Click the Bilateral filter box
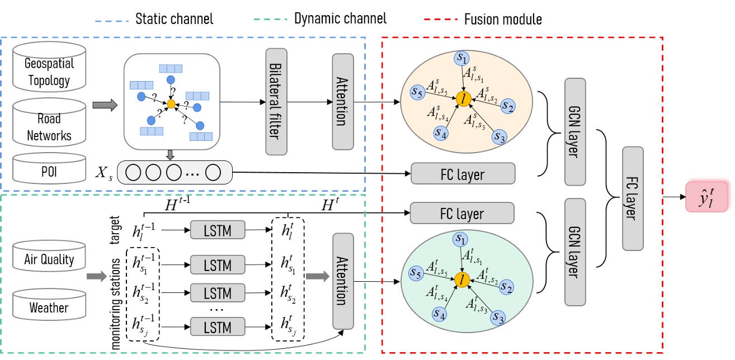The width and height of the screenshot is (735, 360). (x=276, y=101)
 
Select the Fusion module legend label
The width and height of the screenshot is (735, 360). (x=502, y=19)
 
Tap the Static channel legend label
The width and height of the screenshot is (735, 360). (x=174, y=19)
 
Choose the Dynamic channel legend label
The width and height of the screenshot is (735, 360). (x=340, y=19)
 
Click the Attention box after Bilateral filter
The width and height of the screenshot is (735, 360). (x=343, y=101)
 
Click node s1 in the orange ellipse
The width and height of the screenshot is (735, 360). (x=463, y=58)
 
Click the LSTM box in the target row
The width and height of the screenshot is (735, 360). (x=217, y=229)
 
